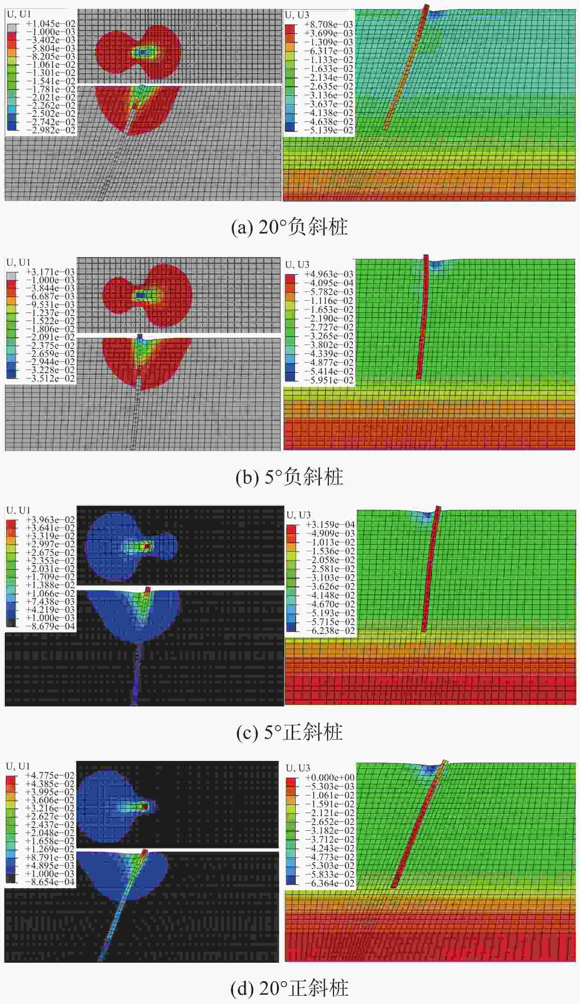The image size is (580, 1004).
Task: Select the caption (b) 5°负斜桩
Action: point(289,477)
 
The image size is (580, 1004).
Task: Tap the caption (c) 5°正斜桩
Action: point(289,732)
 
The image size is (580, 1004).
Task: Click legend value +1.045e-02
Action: point(50,24)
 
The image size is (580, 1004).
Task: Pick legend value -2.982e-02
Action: point(50,130)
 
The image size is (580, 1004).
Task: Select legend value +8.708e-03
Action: point(328,24)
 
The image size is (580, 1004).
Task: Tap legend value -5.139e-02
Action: point(328,130)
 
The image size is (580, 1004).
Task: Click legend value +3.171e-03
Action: point(50,272)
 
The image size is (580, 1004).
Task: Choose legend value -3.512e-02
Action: point(50,378)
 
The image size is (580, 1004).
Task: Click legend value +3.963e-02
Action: point(50,520)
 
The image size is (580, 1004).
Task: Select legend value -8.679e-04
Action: point(50,626)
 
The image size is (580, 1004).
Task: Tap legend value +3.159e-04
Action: point(330,524)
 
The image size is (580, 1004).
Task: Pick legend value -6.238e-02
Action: point(330,631)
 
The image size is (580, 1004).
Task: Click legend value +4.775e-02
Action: point(50,775)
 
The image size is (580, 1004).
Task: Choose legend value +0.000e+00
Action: point(330,777)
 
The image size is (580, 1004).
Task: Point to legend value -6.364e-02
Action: point(330,883)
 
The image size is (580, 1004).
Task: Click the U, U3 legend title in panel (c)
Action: point(298,515)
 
